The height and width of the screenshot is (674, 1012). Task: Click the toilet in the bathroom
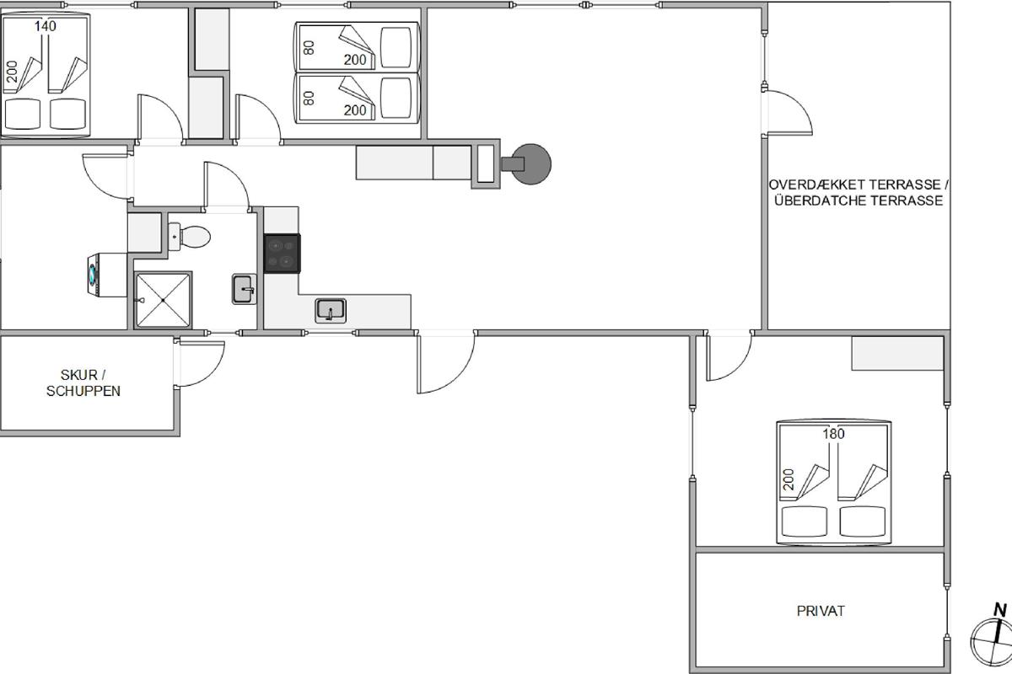(190, 236)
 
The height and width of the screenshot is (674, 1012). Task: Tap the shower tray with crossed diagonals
(163, 300)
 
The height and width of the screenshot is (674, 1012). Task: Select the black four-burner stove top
(282, 254)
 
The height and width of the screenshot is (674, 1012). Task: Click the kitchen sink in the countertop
(331, 311)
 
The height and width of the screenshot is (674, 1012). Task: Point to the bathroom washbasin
(244, 289)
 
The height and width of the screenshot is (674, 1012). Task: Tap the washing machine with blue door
(107, 275)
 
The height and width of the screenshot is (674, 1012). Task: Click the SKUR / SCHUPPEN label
(83, 382)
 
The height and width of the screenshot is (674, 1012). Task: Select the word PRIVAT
(821, 612)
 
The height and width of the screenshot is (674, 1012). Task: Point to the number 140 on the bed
(46, 26)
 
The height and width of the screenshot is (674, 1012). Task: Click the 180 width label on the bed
(833, 434)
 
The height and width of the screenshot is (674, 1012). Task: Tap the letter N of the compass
(1000, 610)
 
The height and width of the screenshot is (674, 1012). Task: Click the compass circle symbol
(990, 642)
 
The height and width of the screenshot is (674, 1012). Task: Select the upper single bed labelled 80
(358, 47)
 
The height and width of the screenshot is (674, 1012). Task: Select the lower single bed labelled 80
(358, 98)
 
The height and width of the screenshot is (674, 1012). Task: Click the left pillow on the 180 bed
(805, 522)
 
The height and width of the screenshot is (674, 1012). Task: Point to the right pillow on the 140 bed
(67, 114)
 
